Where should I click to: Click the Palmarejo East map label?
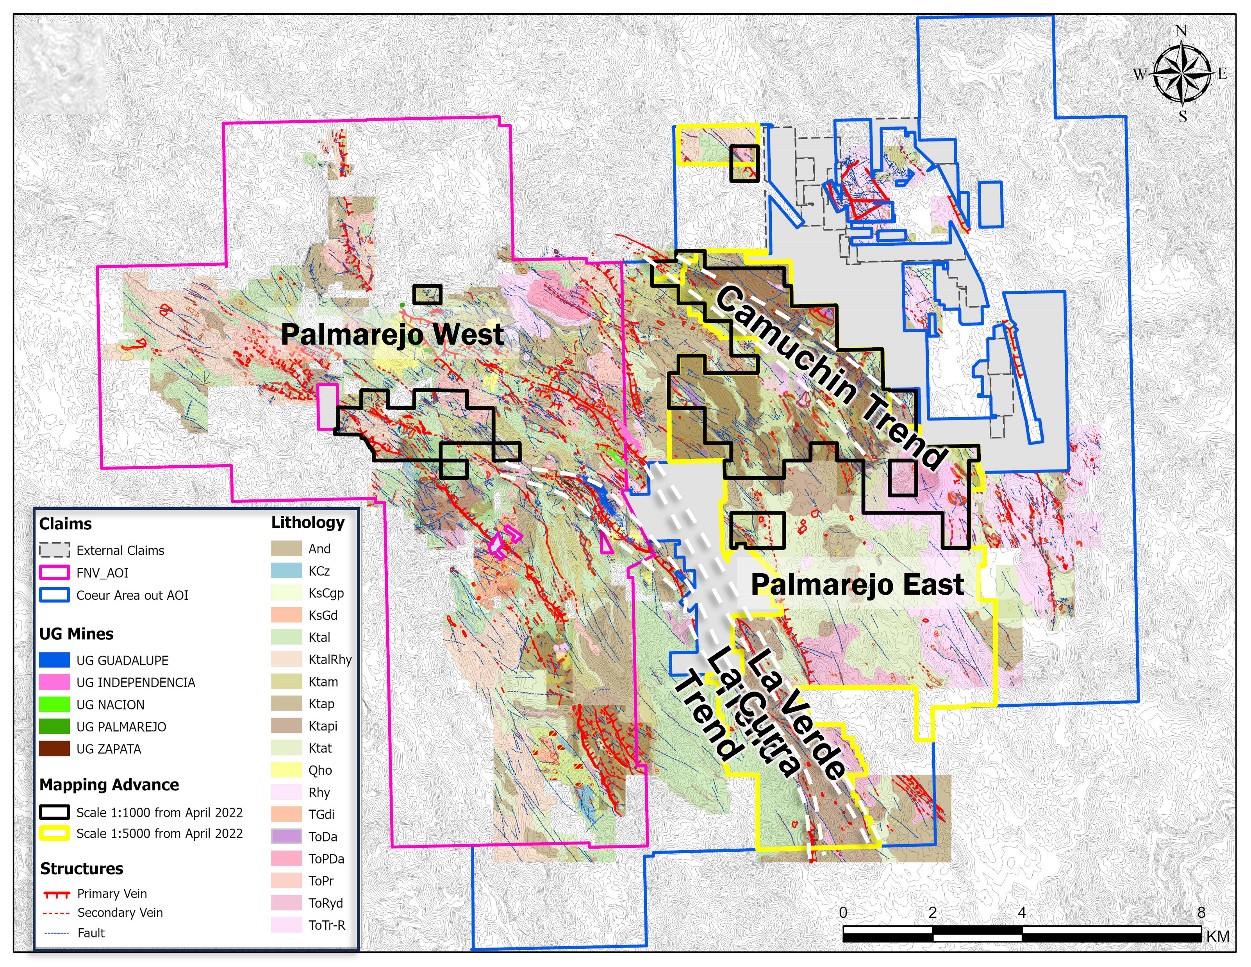(x=857, y=584)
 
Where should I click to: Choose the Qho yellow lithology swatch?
(x=286, y=770)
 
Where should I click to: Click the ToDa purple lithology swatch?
(x=286, y=837)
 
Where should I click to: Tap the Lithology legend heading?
(x=308, y=522)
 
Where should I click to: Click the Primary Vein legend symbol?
(x=56, y=894)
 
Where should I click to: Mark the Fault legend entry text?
(x=91, y=933)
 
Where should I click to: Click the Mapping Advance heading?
(x=109, y=785)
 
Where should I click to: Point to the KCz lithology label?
(x=319, y=571)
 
